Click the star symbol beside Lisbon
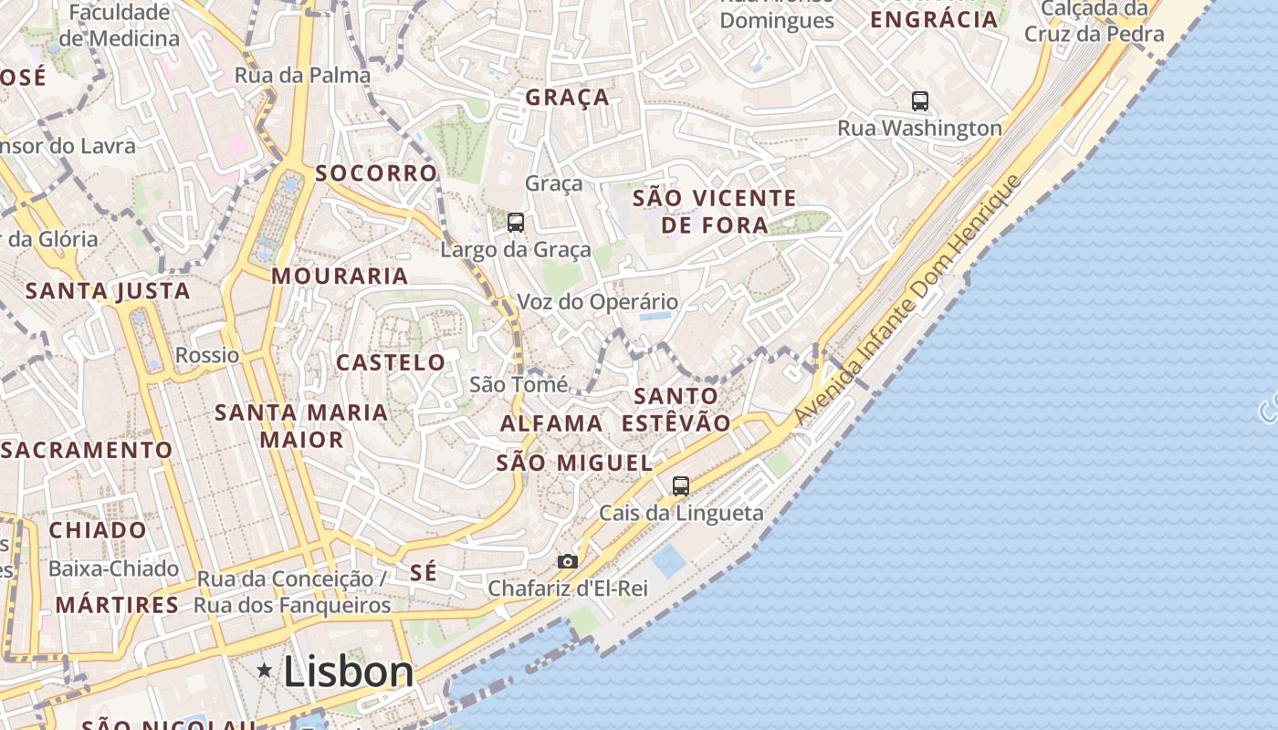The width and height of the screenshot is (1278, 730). [x=265, y=672]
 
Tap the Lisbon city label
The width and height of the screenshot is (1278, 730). [x=349, y=673]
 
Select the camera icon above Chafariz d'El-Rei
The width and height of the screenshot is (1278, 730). [x=568, y=561]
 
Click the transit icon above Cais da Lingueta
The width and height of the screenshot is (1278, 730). [x=681, y=486]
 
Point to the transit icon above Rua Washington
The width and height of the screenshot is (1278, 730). [x=920, y=101]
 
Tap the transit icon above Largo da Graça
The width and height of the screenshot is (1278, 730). [x=516, y=222]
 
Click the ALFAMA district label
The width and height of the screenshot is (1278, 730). [x=551, y=423]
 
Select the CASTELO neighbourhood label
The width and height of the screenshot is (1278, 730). [x=391, y=362]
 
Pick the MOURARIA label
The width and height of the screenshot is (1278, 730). [x=340, y=276]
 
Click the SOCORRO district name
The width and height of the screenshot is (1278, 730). [x=376, y=173]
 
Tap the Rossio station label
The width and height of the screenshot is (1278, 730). [x=207, y=355]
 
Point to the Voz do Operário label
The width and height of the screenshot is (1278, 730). [x=598, y=302]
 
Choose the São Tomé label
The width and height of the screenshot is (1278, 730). [x=519, y=384]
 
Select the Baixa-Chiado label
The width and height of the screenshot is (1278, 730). [x=113, y=568]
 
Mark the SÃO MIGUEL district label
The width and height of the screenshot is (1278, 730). [x=574, y=463]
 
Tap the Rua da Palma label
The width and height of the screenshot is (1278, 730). [x=302, y=75]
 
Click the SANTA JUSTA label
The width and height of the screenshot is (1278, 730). [x=108, y=291]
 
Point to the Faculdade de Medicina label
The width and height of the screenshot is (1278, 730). [x=120, y=26]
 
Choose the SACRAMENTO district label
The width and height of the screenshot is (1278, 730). [x=87, y=450]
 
